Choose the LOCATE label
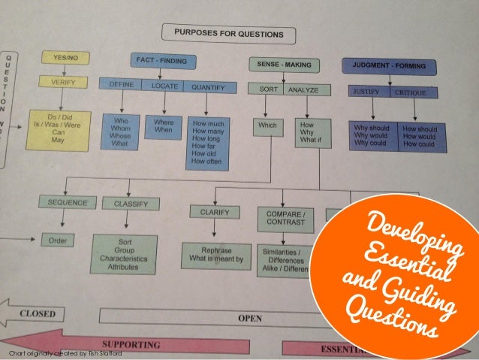164,86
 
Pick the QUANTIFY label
206,87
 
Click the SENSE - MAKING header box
281,63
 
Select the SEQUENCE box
68,202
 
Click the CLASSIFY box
130,203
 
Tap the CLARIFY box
214,212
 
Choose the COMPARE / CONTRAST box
286,219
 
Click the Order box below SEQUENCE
59,241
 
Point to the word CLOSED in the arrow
42,312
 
